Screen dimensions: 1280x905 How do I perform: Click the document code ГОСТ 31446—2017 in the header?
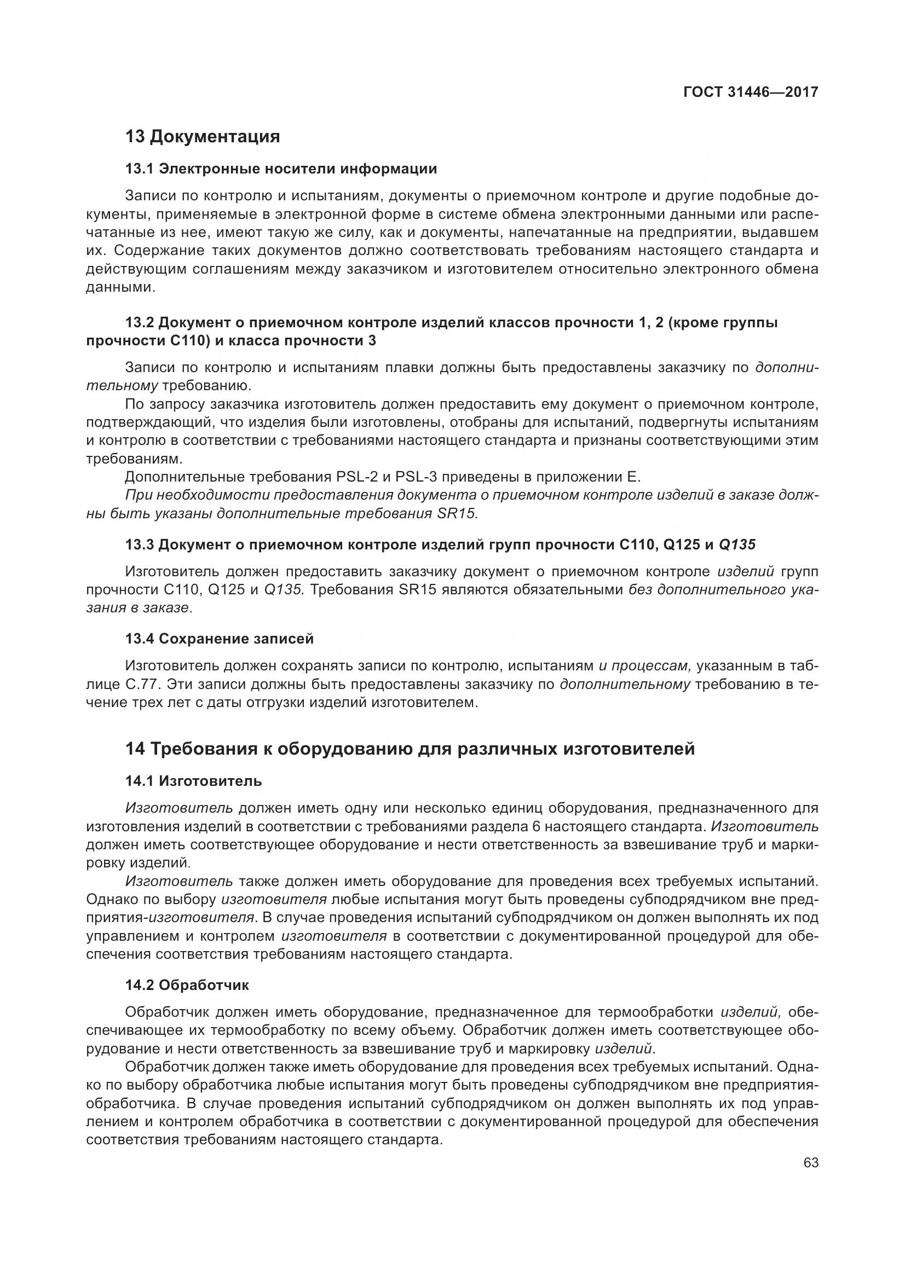pyautogui.click(x=751, y=92)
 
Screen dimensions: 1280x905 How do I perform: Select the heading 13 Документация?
pyautogui.click(x=203, y=137)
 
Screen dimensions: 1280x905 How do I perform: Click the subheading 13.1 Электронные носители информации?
pyautogui.click(x=281, y=169)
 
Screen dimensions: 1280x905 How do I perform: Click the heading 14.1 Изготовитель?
pyautogui.click(x=193, y=781)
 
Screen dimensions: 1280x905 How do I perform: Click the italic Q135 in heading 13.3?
pyautogui.click(x=737, y=545)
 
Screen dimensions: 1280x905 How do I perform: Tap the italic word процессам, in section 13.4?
pyautogui.click(x=645, y=665)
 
